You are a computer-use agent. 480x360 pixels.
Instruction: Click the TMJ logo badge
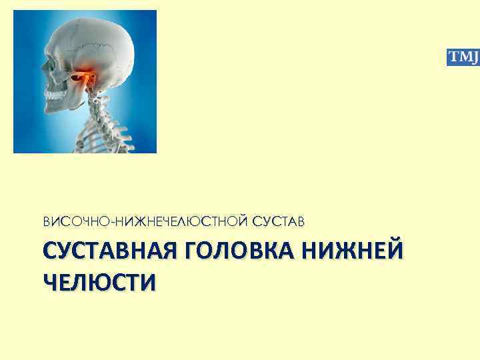coord(462,57)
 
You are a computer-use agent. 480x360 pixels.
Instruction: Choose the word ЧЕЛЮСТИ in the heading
coord(100,281)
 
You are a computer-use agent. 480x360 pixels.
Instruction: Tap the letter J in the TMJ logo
coord(473,57)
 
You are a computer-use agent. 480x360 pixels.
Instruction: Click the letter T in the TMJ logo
coord(452,57)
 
